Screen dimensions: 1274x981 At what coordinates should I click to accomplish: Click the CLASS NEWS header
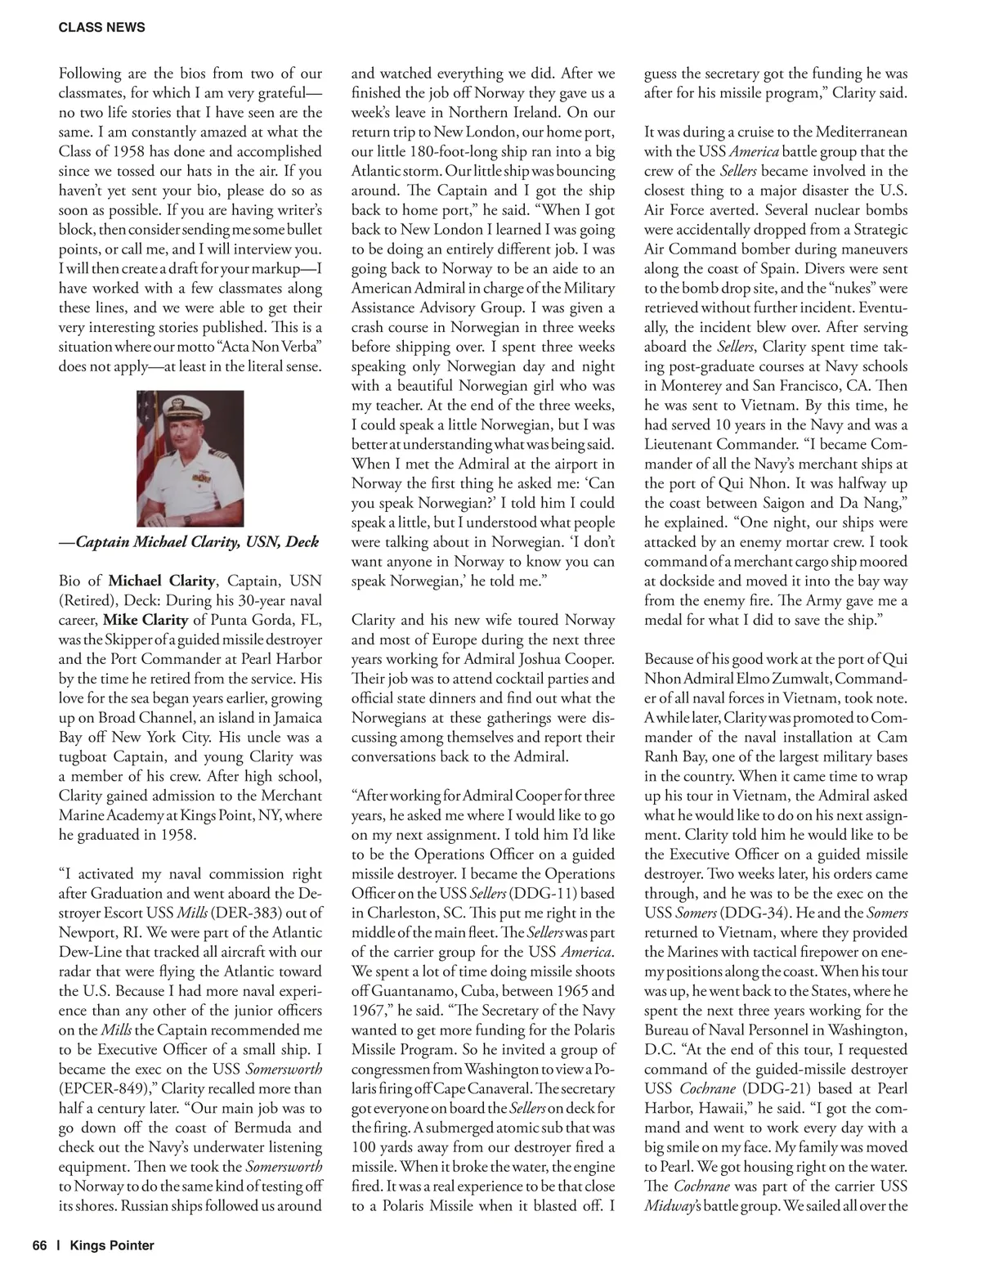point(102,28)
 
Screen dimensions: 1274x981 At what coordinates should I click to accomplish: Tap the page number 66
point(40,1245)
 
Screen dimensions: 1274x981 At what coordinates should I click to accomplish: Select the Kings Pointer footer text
point(112,1245)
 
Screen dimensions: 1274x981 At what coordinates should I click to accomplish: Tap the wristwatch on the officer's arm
point(187,518)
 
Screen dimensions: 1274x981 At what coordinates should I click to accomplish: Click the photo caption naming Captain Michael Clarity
point(189,541)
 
